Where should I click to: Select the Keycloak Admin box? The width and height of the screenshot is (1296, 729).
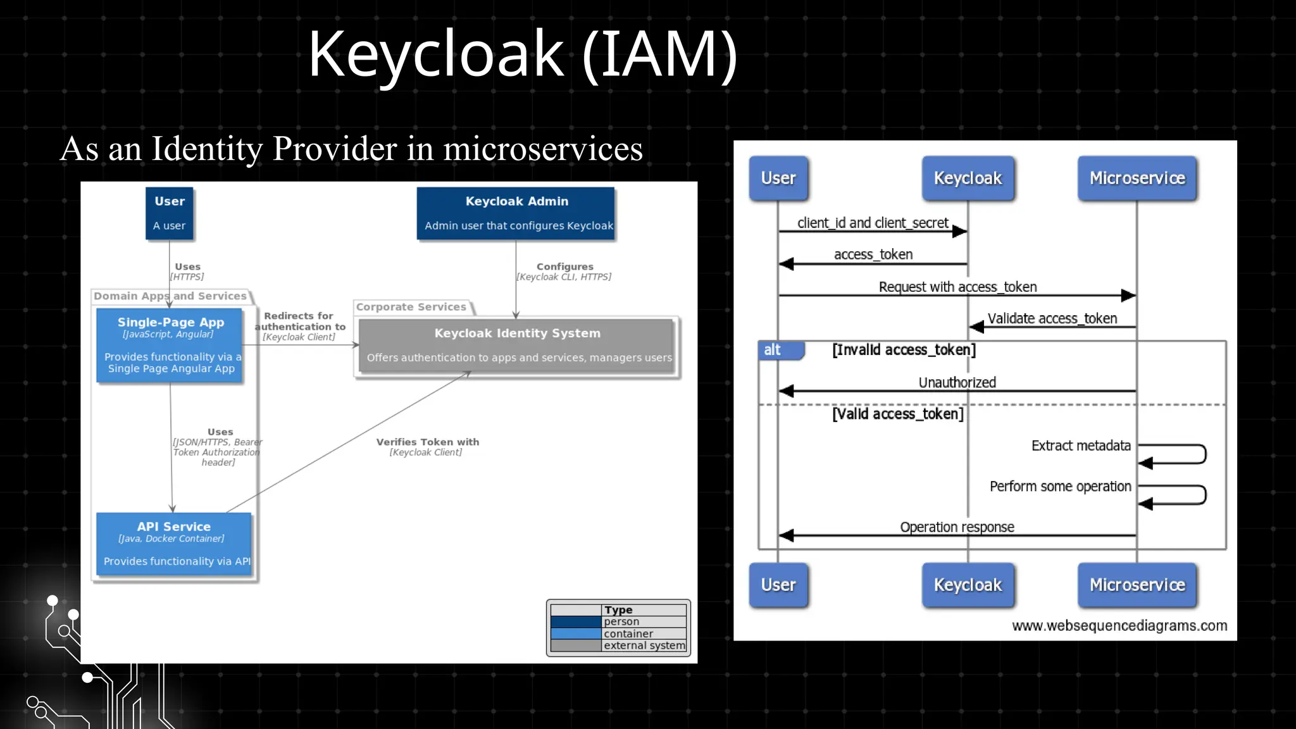coord(516,213)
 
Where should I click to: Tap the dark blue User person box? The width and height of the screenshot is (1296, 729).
coord(170,213)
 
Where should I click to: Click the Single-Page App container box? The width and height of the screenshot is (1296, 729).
coord(170,346)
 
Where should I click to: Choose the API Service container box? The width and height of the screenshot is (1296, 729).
coord(174,544)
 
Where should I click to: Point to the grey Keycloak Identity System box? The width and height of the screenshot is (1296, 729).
coord(517,346)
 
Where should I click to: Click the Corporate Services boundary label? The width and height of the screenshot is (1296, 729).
coord(411,307)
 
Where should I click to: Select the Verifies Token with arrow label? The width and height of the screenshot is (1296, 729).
coord(427,442)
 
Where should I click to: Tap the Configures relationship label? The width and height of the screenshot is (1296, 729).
coord(564,267)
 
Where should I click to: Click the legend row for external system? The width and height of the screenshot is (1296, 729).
coord(618,645)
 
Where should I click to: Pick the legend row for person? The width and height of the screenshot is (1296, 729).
coord(618,622)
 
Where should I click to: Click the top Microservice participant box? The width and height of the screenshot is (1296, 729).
coord(1137,178)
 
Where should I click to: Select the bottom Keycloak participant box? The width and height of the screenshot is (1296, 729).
coord(968,585)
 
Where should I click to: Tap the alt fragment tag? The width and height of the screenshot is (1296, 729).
coord(773,350)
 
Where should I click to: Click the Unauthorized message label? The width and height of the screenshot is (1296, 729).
coord(957,382)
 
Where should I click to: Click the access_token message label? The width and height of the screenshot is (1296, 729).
coord(873,254)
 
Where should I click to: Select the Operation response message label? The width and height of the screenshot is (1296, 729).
coord(957,527)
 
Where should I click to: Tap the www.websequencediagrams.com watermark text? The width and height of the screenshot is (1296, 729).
coord(1119,626)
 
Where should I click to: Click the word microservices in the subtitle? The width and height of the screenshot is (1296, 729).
coord(542,149)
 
